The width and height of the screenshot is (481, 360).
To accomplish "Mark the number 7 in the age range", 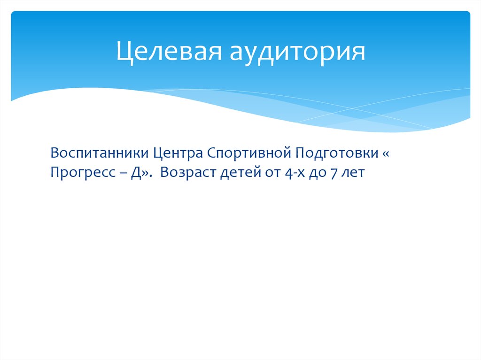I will click(x=335, y=173).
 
